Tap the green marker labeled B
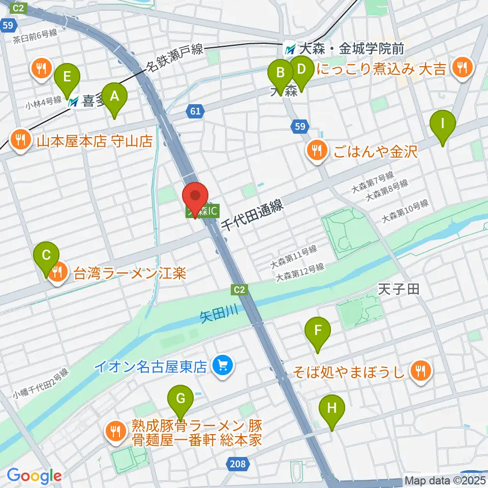click(x=280, y=72)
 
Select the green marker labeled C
click(x=46, y=256)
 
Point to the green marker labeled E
click(x=67, y=77)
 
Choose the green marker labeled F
click(x=318, y=330)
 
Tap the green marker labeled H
click(x=332, y=408)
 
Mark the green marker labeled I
click(x=442, y=123)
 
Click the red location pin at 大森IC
click(x=195, y=196)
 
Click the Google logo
click(x=34, y=476)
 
